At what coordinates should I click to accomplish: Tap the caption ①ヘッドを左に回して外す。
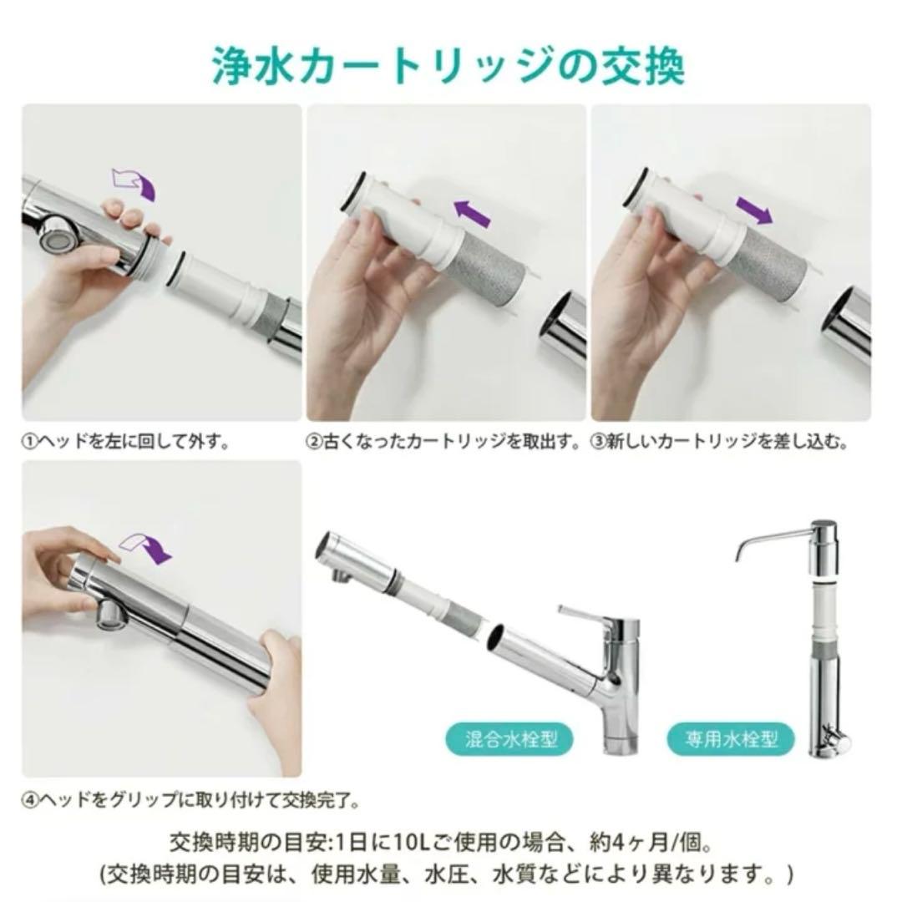pos(126,441)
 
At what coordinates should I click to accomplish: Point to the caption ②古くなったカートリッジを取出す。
pos(443,441)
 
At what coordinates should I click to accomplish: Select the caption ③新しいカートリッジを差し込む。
pos(720,441)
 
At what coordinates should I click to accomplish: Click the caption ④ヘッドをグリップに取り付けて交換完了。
pos(190,800)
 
